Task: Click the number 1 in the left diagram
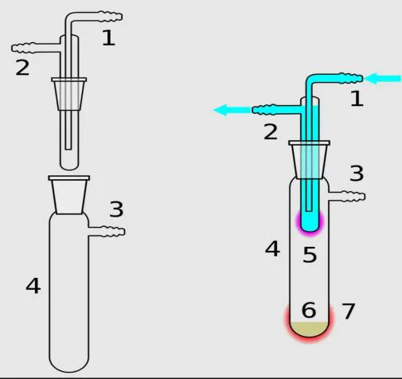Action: coord(109,37)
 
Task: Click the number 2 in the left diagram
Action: coord(22,68)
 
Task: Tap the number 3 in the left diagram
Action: coord(117,209)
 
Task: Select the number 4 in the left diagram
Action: coord(33,286)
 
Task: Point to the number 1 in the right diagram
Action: coord(357,99)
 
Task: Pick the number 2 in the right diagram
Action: coord(271,132)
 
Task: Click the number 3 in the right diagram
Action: coord(357,174)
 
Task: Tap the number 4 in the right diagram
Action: coord(272,248)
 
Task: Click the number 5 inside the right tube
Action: coord(310,255)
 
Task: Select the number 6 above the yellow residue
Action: coord(309,310)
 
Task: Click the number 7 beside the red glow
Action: coord(349,311)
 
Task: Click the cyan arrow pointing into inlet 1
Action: coord(383,79)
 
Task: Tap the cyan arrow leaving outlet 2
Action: coord(232,110)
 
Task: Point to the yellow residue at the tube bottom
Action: coord(310,329)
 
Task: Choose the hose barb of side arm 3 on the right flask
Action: coord(353,197)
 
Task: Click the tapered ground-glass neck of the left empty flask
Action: coord(69,195)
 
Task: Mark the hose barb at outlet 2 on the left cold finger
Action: coord(23,48)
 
